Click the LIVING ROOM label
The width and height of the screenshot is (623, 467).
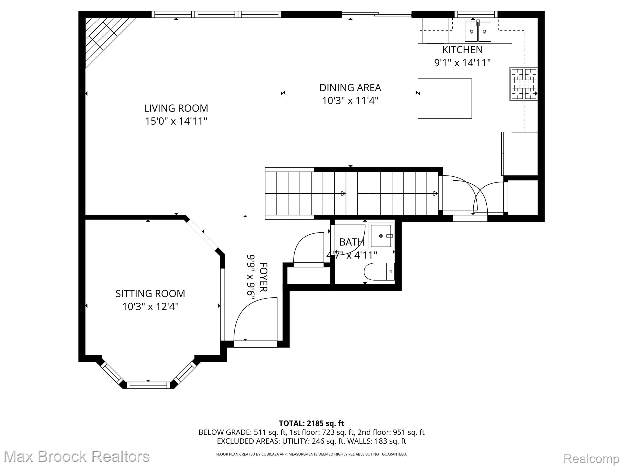(x=176, y=108)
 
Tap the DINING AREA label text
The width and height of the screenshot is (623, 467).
(x=350, y=88)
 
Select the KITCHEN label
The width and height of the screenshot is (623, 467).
(x=462, y=50)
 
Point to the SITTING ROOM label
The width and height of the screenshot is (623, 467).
(x=150, y=293)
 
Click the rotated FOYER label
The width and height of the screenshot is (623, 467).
(x=263, y=277)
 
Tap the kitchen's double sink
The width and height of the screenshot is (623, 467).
(x=478, y=31)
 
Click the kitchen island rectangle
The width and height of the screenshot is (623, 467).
(x=444, y=98)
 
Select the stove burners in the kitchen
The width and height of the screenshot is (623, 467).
(x=524, y=84)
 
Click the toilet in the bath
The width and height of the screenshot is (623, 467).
(x=379, y=272)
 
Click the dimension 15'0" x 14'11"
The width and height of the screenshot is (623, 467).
(x=176, y=121)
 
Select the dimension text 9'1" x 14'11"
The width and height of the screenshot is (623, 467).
(x=462, y=63)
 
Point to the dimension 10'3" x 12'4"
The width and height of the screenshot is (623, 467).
(x=150, y=306)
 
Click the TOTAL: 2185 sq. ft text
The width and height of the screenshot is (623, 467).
(x=311, y=423)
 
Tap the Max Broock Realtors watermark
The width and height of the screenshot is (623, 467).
(x=76, y=457)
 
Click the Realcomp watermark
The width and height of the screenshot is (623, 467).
(x=591, y=458)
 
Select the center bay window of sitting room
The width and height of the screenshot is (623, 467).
(x=148, y=385)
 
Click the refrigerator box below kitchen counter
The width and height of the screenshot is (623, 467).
(x=520, y=154)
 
